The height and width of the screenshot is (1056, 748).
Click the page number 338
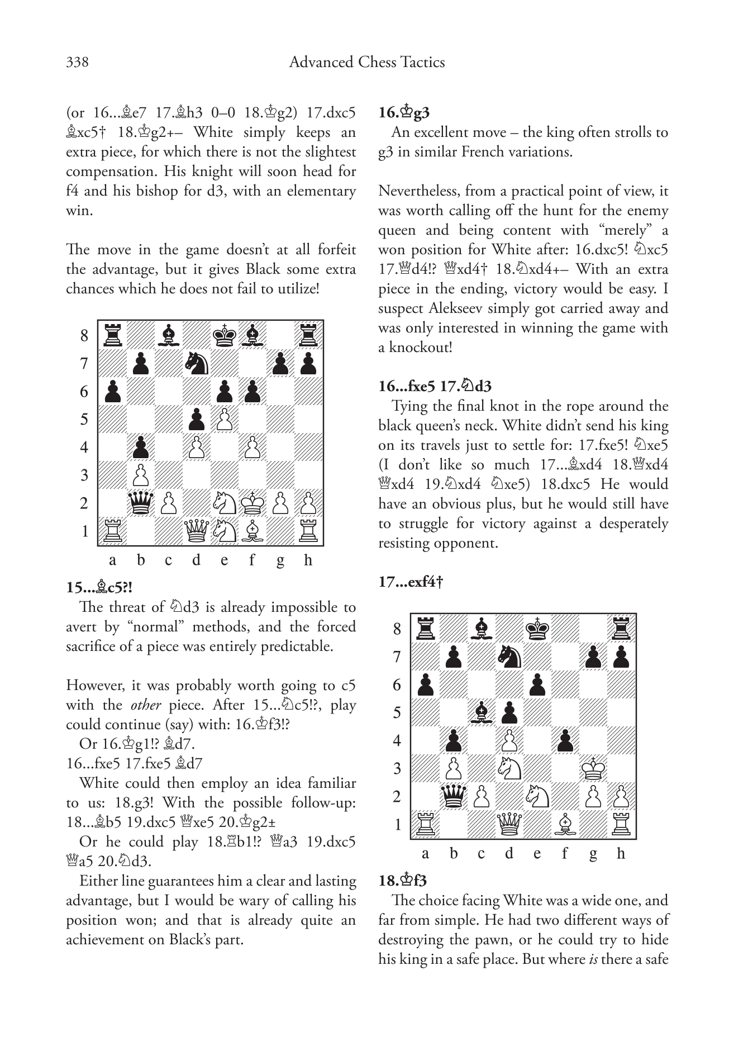coord(77,62)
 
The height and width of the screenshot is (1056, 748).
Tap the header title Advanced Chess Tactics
coord(366,62)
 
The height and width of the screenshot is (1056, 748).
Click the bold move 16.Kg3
coord(404,113)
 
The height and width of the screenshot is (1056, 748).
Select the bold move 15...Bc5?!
coord(99,588)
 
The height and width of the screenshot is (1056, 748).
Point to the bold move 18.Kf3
coord(402,881)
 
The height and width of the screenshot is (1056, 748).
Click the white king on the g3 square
coord(593,769)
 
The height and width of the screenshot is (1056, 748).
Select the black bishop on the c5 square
coord(481,713)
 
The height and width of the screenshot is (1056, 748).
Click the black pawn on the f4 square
coord(565,741)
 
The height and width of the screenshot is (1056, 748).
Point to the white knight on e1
coord(225,531)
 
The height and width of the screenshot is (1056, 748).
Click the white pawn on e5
coord(225,419)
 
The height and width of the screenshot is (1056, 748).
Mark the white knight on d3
coord(509,769)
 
